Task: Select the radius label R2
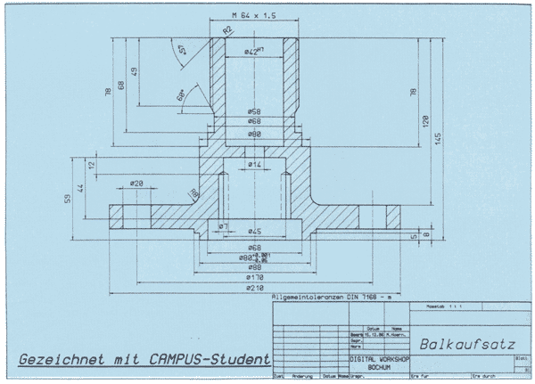[227, 31]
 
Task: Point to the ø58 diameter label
[253, 110]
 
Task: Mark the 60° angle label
[182, 94]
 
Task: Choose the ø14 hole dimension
[254, 165]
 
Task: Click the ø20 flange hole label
[136, 184]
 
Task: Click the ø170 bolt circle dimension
[253, 278]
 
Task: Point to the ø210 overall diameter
[253, 289]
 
